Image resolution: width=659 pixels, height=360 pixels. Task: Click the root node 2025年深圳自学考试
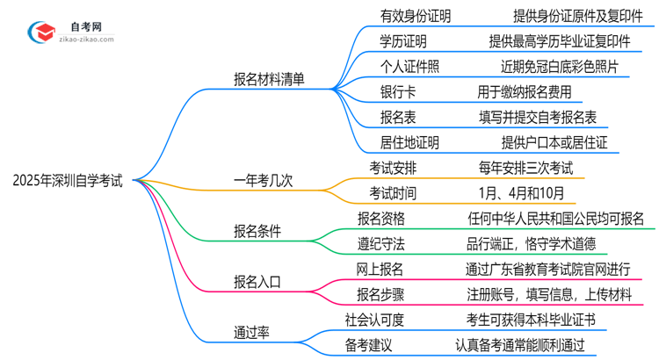[68, 182]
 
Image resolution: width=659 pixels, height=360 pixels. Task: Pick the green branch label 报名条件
[257, 231]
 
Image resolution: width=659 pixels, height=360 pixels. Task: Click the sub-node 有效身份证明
[416, 15]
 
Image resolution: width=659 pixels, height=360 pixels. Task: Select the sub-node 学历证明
[403, 40]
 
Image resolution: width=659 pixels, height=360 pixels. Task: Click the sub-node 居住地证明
[409, 140]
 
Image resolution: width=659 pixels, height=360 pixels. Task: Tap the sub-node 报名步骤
[380, 294]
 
